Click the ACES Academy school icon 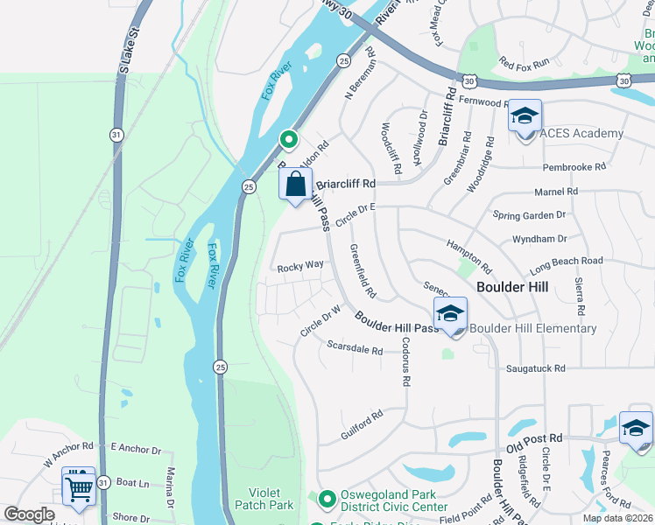pyautogui.click(x=525, y=117)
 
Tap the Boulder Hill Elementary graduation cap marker pyautogui.click(x=450, y=314)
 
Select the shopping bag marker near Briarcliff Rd pyautogui.click(x=296, y=185)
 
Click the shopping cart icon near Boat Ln pyautogui.click(x=79, y=486)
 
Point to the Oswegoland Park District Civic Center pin pyautogui.click(x=327, y=500)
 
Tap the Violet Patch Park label pyautogui.click(x=264, y=498)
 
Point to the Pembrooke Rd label pyautogui.click(x=574, y=166)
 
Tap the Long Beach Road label pyautogui.click(x=566, y=261)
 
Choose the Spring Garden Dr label pyautogui.click(x=530, y=214)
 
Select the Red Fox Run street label pyautogui.click(x=523, y=62)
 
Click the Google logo pyautogui.click(x=30, y=514)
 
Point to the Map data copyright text pyautogui.click(x=617, y=518)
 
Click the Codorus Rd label pyautogui.click(x=405, y=370)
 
